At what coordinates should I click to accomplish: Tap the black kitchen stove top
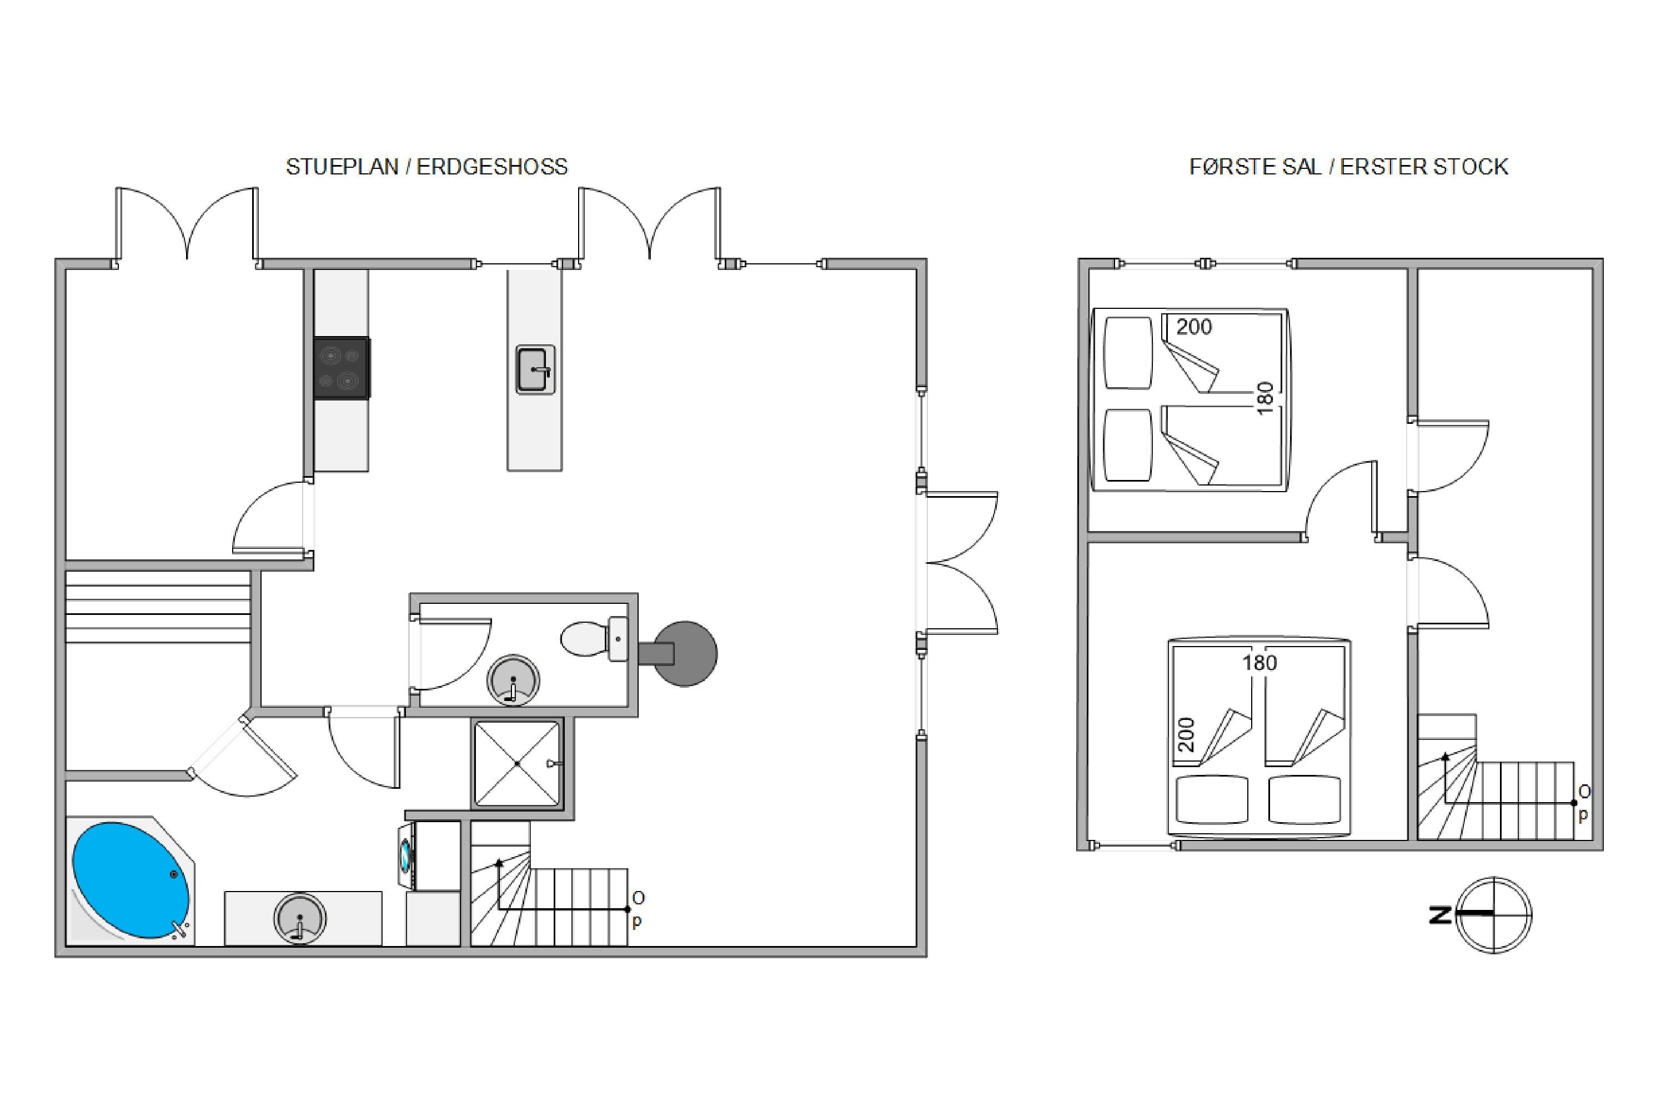tap(342, 368)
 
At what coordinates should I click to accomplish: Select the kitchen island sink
tap(535, 369)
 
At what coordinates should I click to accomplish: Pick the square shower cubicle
tap(518, 763)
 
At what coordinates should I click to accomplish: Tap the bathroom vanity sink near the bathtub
tap(300, 918)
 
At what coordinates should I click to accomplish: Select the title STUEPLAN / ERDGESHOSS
tap(426, 167)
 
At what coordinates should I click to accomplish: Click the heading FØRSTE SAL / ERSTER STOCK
tap(1349, 167)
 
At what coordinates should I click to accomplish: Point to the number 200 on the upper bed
tap(1195, 327)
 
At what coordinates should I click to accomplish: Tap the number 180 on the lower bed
tap(1259, 663)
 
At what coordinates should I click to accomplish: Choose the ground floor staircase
tap(550, 884)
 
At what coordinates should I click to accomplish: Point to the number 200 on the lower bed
tap(1187, 735)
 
